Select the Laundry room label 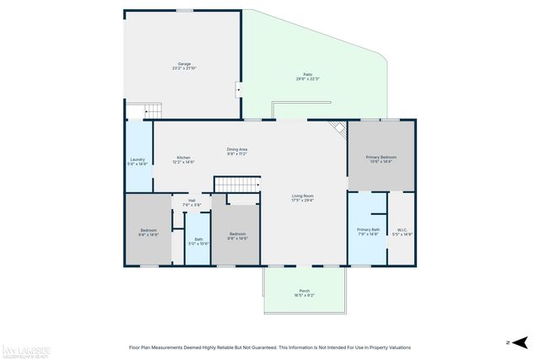point(138,162)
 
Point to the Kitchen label point(183,159)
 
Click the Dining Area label point(236,152)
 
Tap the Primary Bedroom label point(381,159)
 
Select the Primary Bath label point(368,231)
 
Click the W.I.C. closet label point(402,231)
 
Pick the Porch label point(304,293)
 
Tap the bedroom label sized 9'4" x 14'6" point(148,233)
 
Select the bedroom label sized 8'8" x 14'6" point(237,235)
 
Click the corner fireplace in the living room point(338,130)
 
